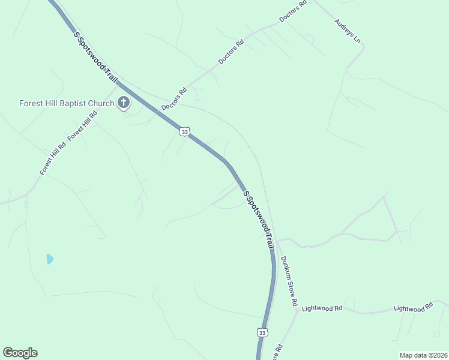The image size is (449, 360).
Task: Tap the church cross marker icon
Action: pos(124,103)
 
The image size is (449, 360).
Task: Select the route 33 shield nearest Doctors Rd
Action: pos(185,131)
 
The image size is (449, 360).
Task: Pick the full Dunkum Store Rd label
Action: pos(289,281)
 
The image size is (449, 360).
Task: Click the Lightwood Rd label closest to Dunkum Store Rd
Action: pos(322,308)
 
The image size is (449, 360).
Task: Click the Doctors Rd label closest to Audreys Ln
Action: pos(294,11)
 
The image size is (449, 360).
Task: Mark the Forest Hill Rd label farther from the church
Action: pos(53,159)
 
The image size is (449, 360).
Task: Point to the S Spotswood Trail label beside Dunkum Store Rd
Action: pos(259,220)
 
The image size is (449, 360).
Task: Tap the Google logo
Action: pos(20,353)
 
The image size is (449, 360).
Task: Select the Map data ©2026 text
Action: pos(423,355)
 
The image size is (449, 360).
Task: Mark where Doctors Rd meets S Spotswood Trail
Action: pos(157,110)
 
